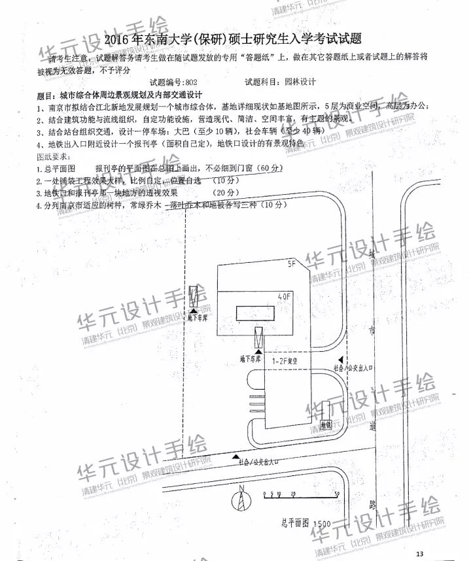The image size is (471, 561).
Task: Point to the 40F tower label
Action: [285, 297]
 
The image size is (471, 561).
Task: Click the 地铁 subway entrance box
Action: [324, 423]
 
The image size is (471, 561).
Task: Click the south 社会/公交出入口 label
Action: [257, 462]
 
